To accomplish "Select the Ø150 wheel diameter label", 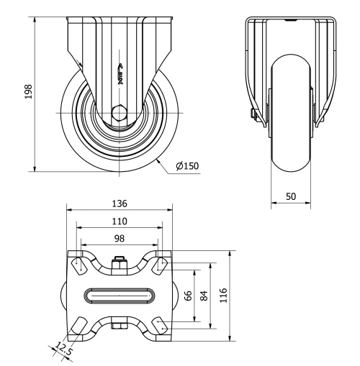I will tap(186, 167).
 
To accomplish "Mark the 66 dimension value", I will tap(189, 296).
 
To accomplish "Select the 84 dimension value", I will tap(204, 296).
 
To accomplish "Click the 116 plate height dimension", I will tap(223, 296).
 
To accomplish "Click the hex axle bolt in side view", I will tap(119, 113).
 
